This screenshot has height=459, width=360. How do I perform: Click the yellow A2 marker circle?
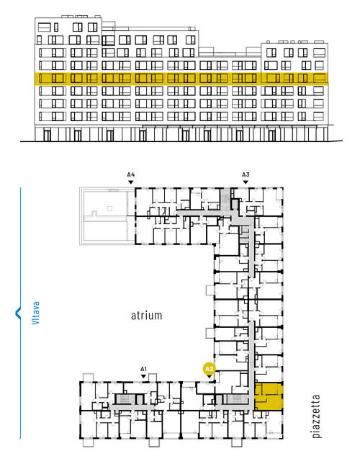click(x=209, y=369)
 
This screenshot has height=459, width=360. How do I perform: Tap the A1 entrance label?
click(x=143, y=369)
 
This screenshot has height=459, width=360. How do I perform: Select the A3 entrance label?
click(x=246, y=174)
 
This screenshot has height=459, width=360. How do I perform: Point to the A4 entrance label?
click(x=131, y=174)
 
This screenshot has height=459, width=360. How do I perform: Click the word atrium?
click(x=146, y=316)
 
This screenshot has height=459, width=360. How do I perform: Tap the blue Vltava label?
click(x=35, y=313)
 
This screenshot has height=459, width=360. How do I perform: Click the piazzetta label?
click(x=316, y=416)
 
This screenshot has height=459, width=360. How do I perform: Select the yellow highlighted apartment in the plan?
click(x=269, y=396)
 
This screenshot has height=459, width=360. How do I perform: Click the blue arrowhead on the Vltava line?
click(x=18, y=313)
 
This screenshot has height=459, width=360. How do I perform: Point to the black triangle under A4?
click(x=131, y=182)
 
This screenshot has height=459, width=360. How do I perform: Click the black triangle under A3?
click(x=246, y=182)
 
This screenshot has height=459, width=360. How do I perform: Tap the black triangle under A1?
click(x=143, y=376)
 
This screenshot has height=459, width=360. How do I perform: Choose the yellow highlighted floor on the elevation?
click(x=181, y=78)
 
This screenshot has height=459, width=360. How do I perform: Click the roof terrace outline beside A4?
click(x=107, y=216)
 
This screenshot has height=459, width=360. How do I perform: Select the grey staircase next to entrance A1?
click(x=124, y=399)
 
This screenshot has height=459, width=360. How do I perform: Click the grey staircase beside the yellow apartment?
click(x=236, y=398)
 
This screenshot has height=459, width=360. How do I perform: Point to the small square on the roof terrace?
click(x=109, y=208)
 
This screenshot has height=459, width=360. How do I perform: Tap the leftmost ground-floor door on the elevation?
click(x=47, y=135)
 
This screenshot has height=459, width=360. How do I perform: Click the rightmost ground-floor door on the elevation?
click(x=271, y=135)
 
